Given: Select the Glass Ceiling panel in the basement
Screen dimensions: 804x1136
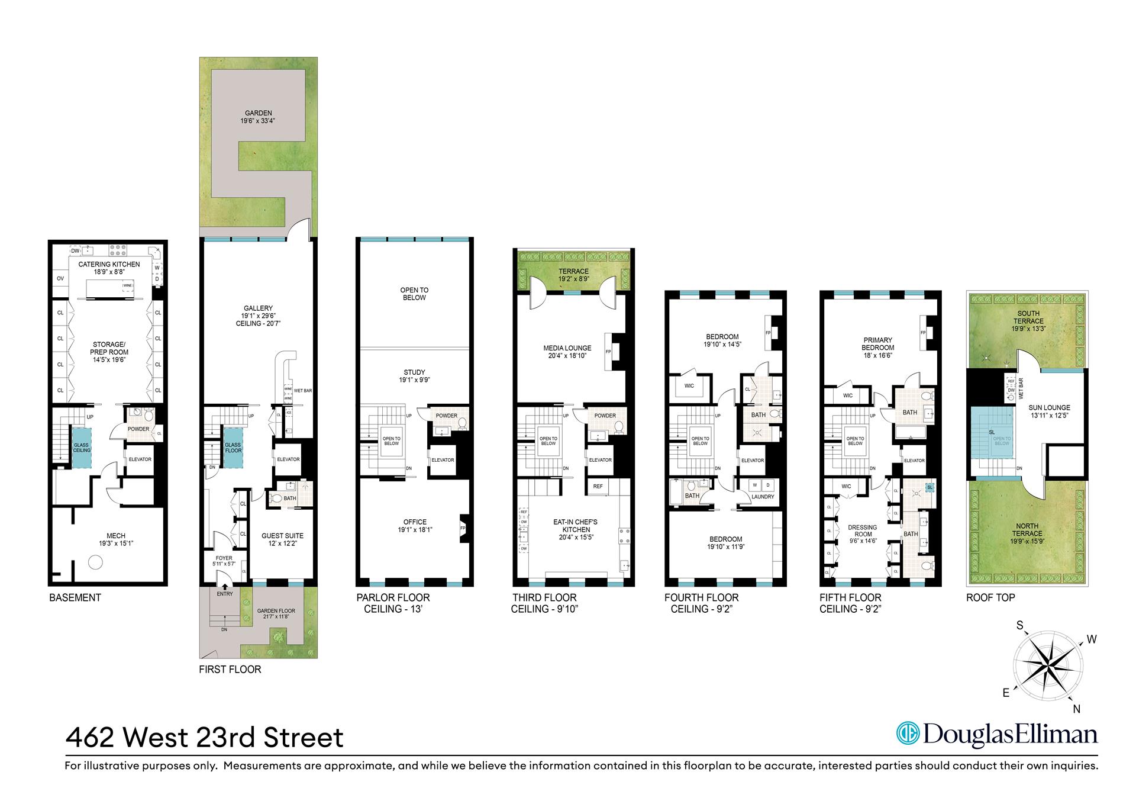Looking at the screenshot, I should tap(82, 446).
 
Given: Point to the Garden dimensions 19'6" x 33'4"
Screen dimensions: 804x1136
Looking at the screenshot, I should tap(258, 121).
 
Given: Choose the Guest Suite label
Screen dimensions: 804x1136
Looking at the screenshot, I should tap(282, 536).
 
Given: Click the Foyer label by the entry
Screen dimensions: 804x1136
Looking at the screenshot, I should tap(224, 558).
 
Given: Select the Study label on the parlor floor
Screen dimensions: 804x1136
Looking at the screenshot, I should tap(414, 372).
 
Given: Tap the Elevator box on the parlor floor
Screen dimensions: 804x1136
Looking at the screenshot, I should tap(442, 460).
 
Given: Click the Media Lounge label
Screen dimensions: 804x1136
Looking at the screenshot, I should tap(568, 348).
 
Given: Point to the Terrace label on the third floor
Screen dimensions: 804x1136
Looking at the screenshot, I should tap(573, 271).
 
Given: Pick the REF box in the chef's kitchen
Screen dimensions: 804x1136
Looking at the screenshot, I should tap(598, 486).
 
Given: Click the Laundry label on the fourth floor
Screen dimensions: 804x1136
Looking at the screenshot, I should tap(763, 497).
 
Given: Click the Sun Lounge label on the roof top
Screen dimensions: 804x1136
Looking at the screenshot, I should tap(1049, 407).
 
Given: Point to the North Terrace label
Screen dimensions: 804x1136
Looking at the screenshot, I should tap(1027, 526).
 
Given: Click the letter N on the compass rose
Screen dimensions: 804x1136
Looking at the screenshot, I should tap(1076, 709).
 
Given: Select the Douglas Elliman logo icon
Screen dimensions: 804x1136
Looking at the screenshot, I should tap(907, 734).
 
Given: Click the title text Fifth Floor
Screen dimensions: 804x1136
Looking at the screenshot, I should tap(850, 597).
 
